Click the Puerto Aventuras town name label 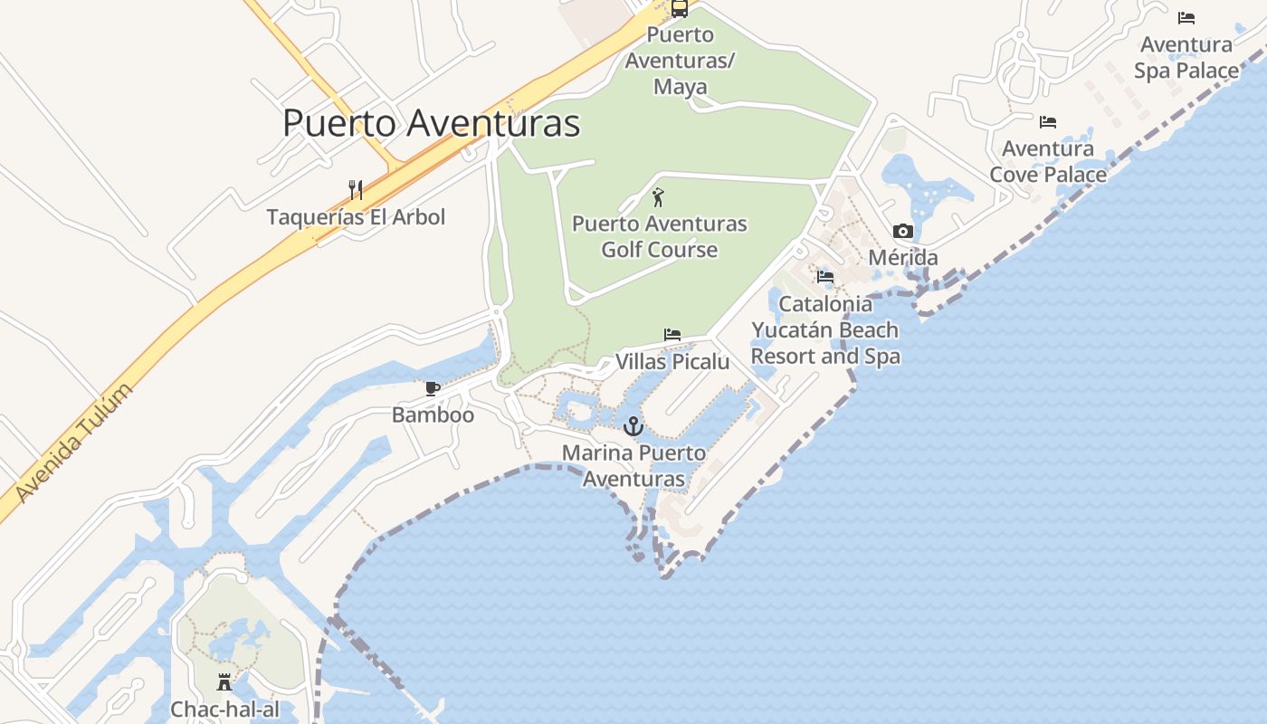click(431, 123)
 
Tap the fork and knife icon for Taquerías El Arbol click(356, 190)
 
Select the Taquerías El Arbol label click(356, 217)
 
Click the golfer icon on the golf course click(659, 196)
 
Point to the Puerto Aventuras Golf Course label click(660, 236)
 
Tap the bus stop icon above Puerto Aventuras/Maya click(679, 8)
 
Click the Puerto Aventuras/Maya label click(681, 62)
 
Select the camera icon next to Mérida click(902, 232)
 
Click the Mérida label click(902, 258)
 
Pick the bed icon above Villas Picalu click(672, 335)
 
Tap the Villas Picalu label click(672, 362)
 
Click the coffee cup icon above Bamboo click(433, 389)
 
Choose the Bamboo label click(433, 415)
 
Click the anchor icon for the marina click(633, 425)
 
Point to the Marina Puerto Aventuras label click(633, 465)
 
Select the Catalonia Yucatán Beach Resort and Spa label click(825, 329)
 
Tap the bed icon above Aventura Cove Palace click(1048, 121)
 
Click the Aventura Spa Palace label click(1186, 57)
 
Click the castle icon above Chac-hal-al click(224, 681)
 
